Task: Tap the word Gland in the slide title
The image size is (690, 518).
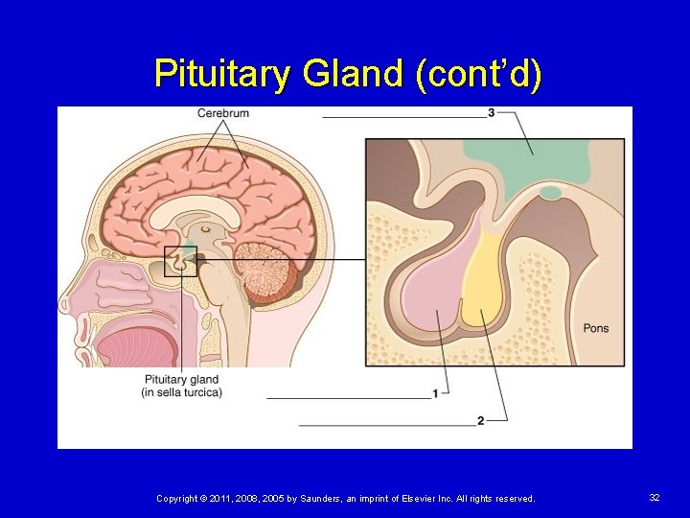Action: (346, 74)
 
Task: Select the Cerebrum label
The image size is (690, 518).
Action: (223, 113)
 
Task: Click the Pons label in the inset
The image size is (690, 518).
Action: (595, 329)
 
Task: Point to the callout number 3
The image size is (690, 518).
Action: (491, 112)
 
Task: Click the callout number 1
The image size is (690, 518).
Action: (436, 392)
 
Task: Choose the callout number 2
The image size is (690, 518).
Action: (480, 420)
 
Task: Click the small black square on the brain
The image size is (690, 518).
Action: (180, 261)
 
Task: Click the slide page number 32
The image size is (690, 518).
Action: (655, 498)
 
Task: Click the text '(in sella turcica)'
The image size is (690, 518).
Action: (181, 392)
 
